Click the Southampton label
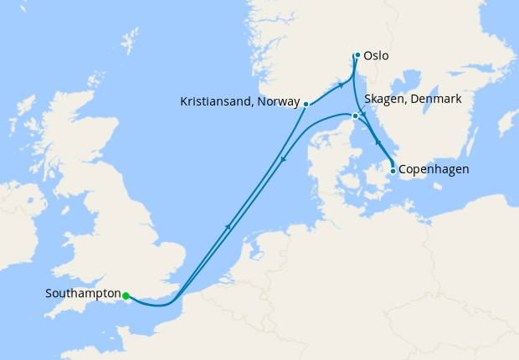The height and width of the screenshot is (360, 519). (82, 295)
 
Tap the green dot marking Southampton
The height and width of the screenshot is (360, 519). (125, 296)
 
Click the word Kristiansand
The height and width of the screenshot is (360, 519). (213, 102)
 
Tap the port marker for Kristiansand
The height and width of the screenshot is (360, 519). (306, 105)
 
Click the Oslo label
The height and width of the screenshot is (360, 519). (377, 56)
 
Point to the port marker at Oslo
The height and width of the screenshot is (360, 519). (357, 55)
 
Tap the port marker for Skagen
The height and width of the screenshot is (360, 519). (355, 116)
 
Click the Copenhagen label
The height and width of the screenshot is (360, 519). (433, 170)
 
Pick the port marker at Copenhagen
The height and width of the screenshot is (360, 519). (393, 171)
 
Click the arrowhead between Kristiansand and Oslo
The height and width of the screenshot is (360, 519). (341, 85)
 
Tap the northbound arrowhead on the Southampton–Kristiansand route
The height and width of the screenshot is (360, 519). (229, 224)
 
